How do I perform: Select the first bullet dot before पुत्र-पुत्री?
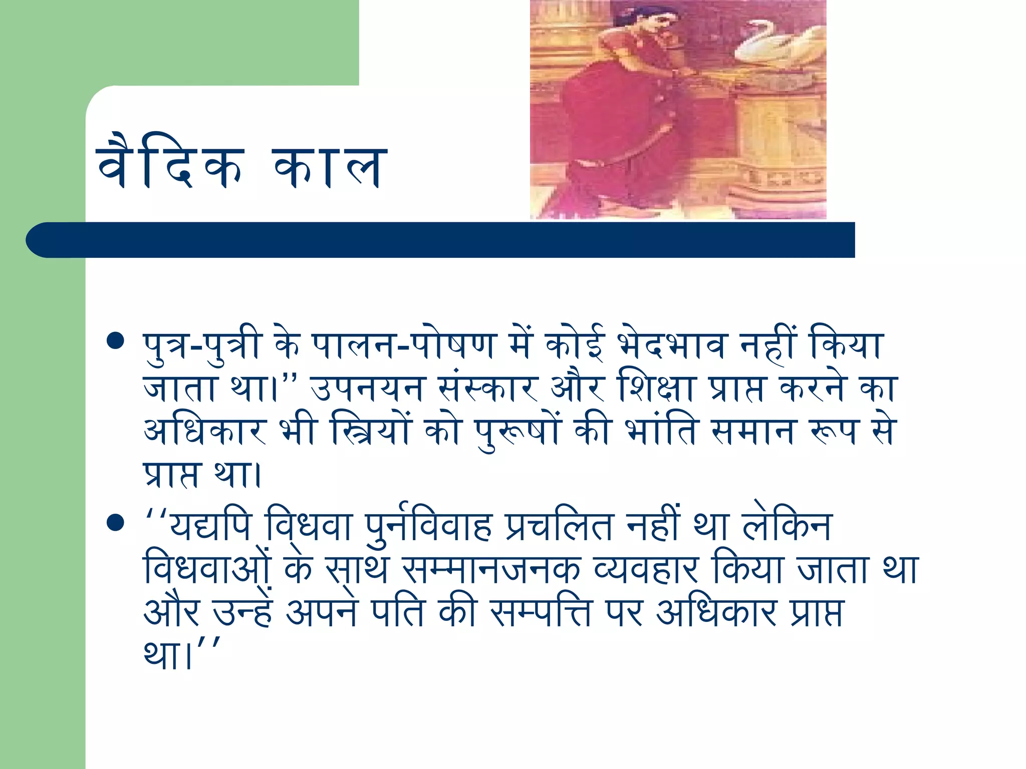[x=116, y=341]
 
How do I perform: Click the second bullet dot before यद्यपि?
[x=116, y=523]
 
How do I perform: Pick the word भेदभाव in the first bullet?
[x=671, y=345]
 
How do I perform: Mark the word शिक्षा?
[x=656, y=389]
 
